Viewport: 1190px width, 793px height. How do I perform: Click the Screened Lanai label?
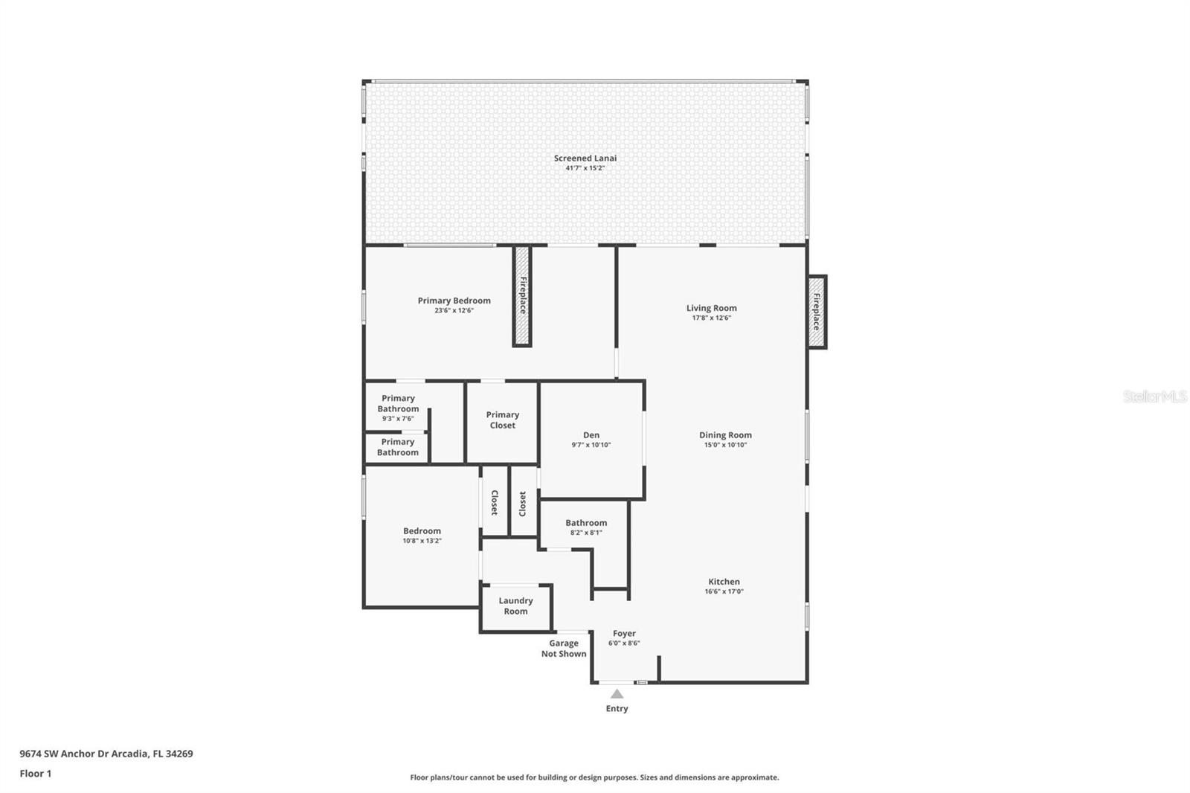585,158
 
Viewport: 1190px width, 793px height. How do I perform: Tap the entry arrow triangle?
617,694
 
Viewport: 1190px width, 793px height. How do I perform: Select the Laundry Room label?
515,606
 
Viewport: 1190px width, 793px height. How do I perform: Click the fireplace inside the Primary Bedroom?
522,296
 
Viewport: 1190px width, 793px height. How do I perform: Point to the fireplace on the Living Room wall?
817,312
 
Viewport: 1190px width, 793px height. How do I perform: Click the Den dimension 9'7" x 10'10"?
591,445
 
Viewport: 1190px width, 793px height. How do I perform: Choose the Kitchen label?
724,582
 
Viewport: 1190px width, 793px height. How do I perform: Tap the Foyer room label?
624,634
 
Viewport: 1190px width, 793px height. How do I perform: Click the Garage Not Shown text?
564,649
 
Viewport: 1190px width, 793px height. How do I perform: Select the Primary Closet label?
502,420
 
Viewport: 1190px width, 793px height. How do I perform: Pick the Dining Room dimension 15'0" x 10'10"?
725,445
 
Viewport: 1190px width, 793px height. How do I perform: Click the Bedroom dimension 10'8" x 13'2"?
422,541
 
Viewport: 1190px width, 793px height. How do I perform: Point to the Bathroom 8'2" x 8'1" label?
586,523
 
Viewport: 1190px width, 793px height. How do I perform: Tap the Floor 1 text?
36,774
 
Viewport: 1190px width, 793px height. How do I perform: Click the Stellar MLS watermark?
1154,396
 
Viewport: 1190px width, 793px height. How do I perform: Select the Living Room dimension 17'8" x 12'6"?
711,318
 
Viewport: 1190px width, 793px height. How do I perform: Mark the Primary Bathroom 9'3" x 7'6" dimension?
398,419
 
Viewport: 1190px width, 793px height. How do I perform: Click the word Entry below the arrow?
617,709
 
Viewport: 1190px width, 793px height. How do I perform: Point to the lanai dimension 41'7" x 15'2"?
585,168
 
